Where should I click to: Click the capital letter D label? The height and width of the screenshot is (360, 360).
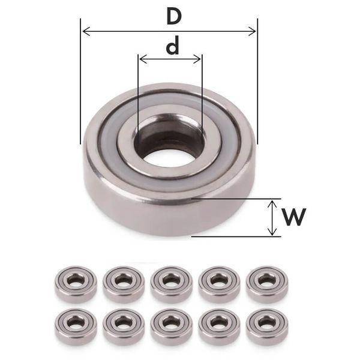(174, 17)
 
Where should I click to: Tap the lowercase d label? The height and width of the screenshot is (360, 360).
(172, 46)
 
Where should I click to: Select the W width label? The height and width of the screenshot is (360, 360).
(294, 217)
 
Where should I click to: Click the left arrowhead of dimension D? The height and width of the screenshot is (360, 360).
(86, 31)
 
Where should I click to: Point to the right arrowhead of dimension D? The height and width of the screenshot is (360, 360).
(252, 31)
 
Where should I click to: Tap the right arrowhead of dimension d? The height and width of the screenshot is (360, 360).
(197, 59)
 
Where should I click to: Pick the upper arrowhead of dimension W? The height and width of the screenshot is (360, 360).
(272, 203)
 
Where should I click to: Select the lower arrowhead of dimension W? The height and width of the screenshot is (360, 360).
(272, 232)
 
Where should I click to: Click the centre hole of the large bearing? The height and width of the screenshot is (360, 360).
(169, 155)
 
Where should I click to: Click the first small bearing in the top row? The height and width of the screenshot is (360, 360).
(76, 284)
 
